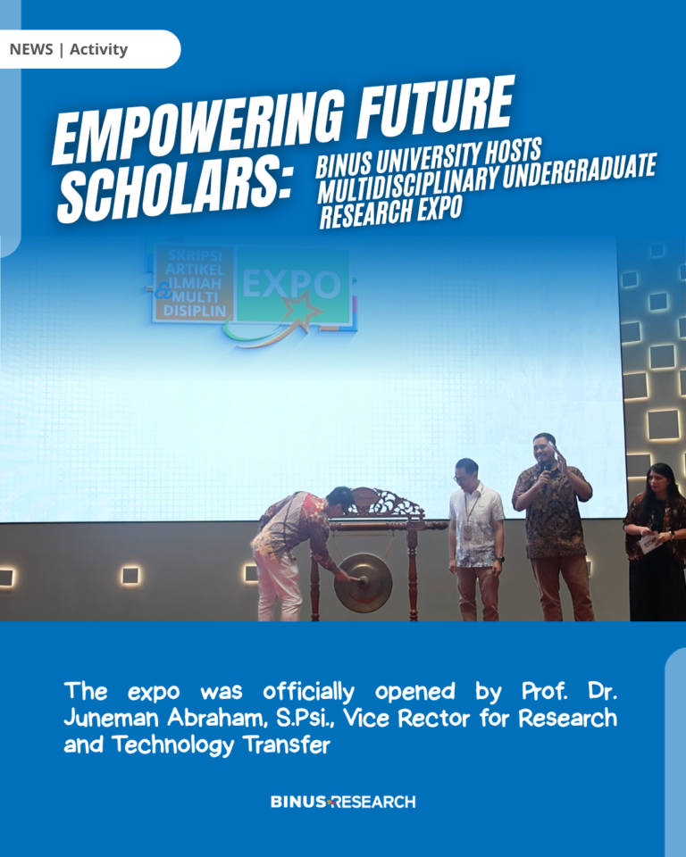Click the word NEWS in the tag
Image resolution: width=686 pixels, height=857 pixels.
point(31,49)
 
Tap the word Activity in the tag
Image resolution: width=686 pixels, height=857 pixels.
point(98,49)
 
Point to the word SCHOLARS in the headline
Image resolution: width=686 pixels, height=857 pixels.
point(174,191)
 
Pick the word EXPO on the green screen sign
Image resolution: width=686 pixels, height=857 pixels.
point(291,285)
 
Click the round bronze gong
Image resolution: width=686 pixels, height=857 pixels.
point(363,583)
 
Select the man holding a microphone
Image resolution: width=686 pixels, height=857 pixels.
point(554,527)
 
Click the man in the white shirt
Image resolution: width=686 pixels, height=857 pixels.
point(475,539)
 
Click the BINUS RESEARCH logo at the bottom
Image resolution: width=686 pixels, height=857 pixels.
point(343,802)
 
